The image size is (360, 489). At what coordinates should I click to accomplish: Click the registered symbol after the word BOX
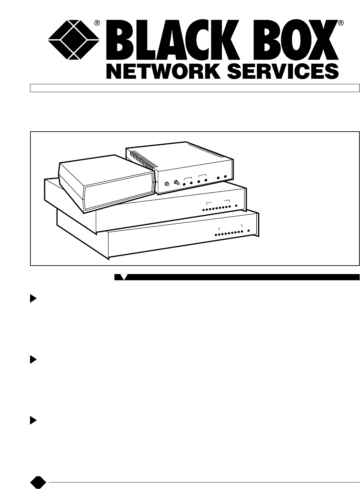[340, 23]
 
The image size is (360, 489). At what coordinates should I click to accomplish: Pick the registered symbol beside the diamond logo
[97, 23]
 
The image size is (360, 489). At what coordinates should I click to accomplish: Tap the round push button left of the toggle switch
[167, 184]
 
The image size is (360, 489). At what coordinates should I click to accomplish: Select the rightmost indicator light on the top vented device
[225, 177]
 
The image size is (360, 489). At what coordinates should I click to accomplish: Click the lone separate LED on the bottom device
[249, 231]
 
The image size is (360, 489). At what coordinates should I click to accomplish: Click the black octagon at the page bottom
[38, 482]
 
